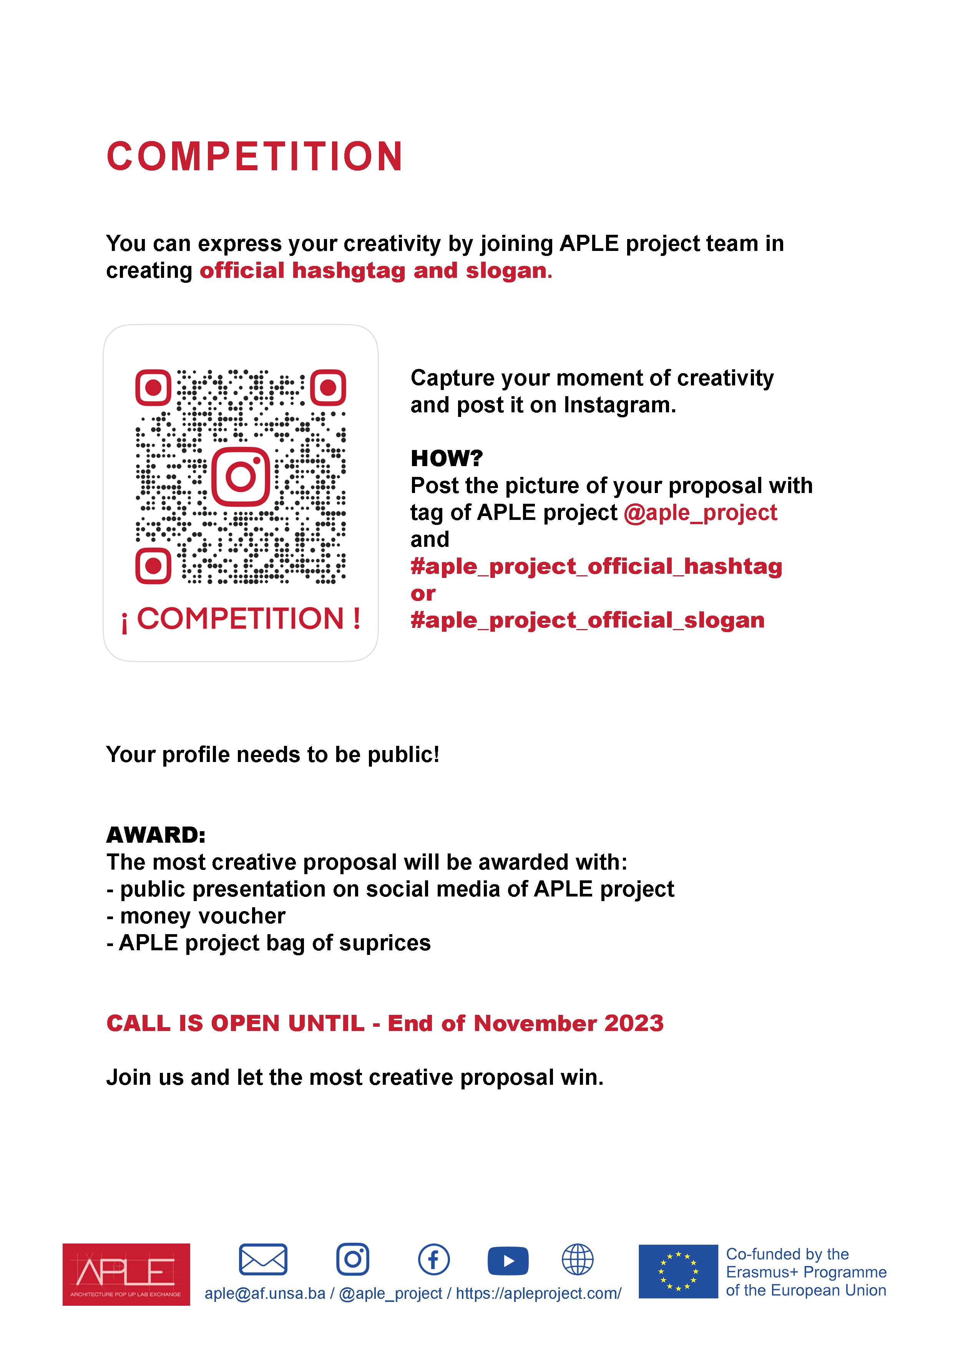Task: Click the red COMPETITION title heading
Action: (x=254, y=157)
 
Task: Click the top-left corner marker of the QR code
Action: (x=153, y=387)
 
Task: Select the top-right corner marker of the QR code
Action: (x=328, y=387)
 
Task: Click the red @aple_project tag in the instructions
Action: (x=700, y=513)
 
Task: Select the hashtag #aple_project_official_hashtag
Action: (x=596, y=566)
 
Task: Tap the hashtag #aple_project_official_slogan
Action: (x=587, y=621)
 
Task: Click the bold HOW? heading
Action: (x=446, y=458)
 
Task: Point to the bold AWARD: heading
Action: (x=156, y=835)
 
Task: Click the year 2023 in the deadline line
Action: (x=634, y=1023)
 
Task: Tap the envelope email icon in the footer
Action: (x=263, y=1259)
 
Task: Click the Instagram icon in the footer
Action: (x=352, y=1259)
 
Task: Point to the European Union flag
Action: (x=678, y=1271)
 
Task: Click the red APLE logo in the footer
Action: (x=126, y=1274)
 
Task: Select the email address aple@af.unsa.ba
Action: (x=264, y=1293)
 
